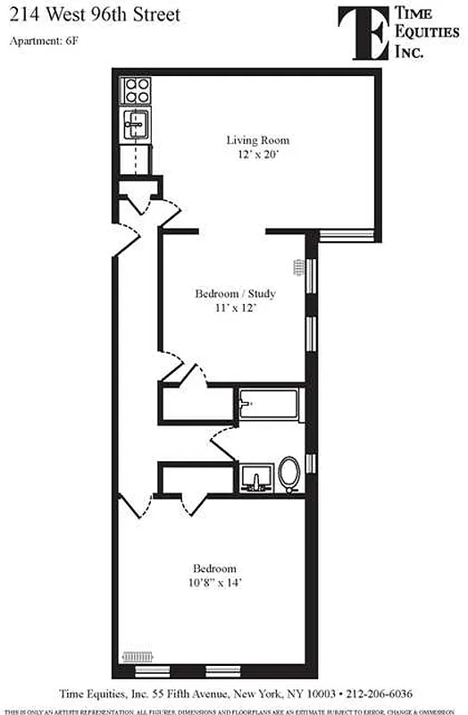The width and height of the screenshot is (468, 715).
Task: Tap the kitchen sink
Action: pos(137,124)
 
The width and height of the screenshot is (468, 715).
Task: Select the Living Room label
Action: pos(257,140)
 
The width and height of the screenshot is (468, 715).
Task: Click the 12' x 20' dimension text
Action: pos(257,155)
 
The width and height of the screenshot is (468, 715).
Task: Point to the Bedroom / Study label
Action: pos(235,293)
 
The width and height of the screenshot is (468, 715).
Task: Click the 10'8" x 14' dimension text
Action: pos(216,583)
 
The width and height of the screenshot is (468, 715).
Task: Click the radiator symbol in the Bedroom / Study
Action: pos(299,266)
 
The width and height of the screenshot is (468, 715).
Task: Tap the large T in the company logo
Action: pos(361,32)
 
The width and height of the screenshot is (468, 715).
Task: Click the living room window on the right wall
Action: pos(347,234)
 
